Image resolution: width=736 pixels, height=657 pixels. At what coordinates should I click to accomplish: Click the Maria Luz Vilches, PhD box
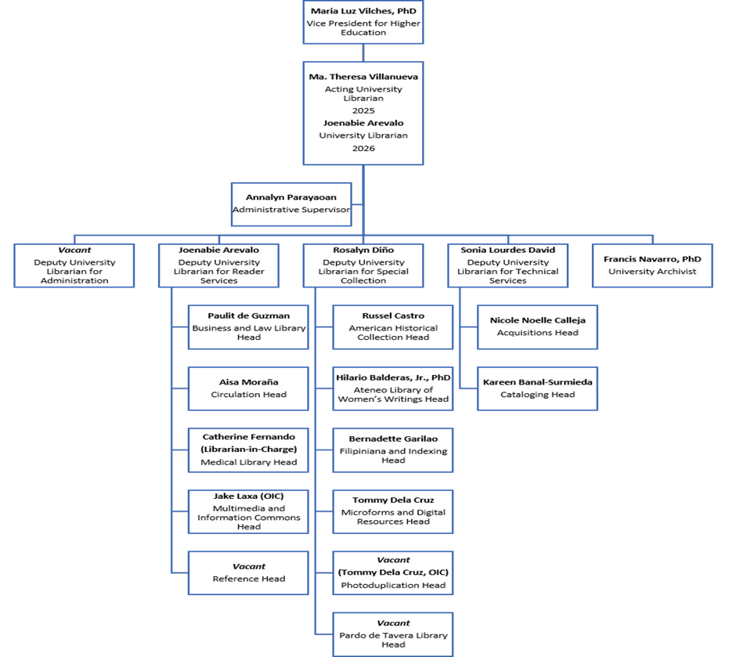click(363, 22)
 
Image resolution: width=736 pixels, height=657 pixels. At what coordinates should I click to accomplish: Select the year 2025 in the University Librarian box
click(363, 111)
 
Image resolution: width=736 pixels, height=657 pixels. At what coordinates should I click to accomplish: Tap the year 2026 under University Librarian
click(363, 148)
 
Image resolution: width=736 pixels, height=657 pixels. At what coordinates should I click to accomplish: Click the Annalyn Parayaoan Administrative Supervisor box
click(290, 203)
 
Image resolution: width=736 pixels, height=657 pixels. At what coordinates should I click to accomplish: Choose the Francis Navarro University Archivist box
click(652, 265)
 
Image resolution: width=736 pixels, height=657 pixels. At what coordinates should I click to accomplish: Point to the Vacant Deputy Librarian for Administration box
click(74, 265)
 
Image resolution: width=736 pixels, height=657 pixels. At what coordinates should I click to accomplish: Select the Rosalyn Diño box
click(363, 265)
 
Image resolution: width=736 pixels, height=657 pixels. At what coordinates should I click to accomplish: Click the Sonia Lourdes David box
click(507, 265)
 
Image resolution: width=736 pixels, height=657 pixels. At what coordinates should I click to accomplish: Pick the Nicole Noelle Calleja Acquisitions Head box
click(538, 327)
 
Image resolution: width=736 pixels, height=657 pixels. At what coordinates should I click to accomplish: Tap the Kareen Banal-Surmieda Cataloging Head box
click(538, 388)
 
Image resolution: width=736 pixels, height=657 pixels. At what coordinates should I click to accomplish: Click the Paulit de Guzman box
click(249, 327)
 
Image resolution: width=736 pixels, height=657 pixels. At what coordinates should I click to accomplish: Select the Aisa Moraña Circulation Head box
click(249, 388)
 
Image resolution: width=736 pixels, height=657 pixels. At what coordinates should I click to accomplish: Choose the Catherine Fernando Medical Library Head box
click(249, 449)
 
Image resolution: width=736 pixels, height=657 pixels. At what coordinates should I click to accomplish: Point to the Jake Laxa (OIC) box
click(249, 511)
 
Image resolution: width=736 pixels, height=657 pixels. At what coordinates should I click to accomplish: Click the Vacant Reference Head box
click(249, 572)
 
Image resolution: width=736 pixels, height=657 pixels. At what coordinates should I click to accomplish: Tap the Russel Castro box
click(393, 327)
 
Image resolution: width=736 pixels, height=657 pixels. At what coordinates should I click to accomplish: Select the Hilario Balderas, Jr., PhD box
click(393, 388)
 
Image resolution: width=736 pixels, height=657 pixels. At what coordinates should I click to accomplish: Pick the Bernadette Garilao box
click(393, 449)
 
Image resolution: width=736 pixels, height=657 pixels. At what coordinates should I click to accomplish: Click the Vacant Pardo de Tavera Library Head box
click(393, 634)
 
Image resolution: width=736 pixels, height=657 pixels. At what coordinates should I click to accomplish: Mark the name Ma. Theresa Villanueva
click(363, 77)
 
